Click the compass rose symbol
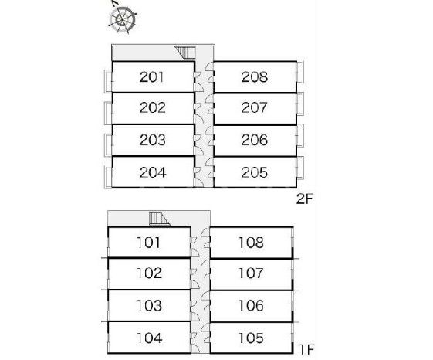122,19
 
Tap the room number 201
152,77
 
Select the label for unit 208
255,77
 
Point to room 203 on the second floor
152,140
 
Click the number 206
255,140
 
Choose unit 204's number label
153,172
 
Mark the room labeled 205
255,172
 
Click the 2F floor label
305,199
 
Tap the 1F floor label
306,350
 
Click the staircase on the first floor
159,219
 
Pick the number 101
148,243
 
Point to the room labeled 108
251,243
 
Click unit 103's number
149,306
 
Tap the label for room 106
251,306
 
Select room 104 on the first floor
150,338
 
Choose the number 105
251,338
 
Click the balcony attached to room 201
108,81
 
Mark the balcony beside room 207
300,104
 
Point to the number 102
149,273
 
